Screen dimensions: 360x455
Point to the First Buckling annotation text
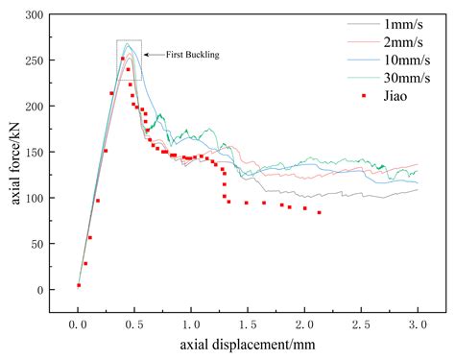[x=193, y=55]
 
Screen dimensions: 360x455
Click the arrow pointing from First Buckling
[x=154, y=55]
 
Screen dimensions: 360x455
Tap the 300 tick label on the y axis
[x=36, y=15]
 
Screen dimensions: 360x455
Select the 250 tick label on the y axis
[x=36, y=60]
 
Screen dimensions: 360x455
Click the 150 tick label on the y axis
[x=36, y=153]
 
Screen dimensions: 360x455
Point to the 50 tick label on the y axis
[x=38, y=244]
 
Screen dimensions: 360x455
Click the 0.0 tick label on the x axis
[x=79, y=326]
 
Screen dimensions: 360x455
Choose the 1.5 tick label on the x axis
[x=248, y=326]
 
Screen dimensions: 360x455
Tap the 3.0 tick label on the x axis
[x=417, y=326]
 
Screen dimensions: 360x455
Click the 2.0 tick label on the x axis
[x=304, y=326]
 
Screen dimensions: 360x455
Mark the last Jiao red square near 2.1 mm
[x=319, y=212]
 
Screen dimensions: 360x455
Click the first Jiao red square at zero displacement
[x=79, y=285]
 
